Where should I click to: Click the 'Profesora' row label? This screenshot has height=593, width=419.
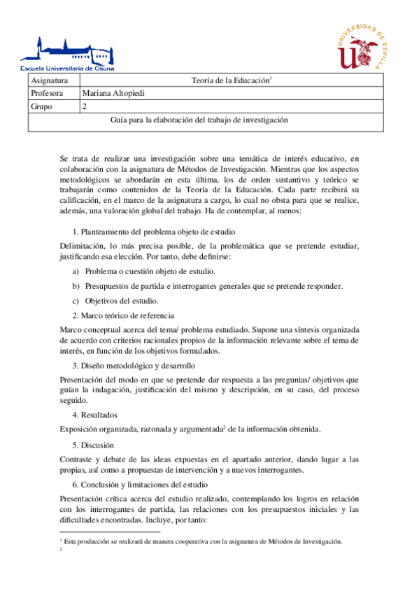pos(48,94)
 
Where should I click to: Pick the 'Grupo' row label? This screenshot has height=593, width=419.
pos(43,107)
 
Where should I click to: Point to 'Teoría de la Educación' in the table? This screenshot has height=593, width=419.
pos(230,81)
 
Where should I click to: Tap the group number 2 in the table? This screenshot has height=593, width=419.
pos(84,107)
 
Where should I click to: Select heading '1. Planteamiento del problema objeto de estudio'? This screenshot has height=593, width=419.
pos(154,231)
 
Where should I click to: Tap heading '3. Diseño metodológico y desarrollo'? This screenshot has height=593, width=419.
pos(134,365)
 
